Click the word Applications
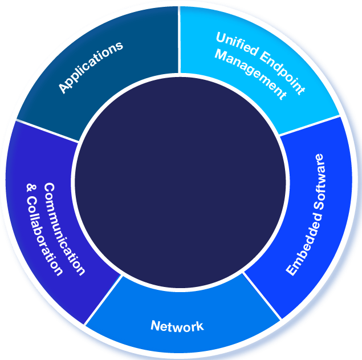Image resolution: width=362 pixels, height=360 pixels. click(x=91, y=67)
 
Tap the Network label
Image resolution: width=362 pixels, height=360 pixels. click(x=177, y=327)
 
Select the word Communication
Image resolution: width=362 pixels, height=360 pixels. click(x=63, y=229)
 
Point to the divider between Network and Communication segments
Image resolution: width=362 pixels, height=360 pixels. click(x=103, y=300)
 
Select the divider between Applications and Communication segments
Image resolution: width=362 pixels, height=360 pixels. click(x=48, y=131)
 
